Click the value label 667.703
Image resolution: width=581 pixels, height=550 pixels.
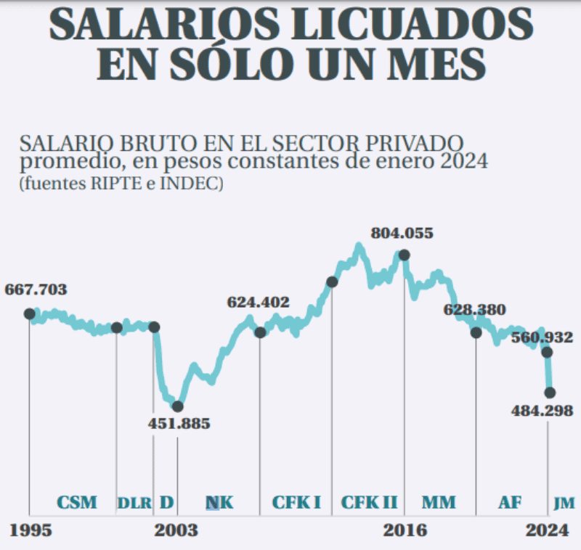click(x=36, y=290)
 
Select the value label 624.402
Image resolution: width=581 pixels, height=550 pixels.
click(x=258, y=303)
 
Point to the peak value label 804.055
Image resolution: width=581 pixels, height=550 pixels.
click(x=402, y=234)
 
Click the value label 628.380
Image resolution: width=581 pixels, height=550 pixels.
click(x=474, y=311)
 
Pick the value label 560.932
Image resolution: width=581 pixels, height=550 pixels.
click(x=541, y=337)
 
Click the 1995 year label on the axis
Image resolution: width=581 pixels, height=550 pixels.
click(x=31, y=530)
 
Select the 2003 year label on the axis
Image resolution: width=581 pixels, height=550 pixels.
click(x=176, y=530)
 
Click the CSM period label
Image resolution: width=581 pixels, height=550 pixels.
click(x=76, y=502)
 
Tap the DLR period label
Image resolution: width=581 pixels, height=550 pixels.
click(x=134, y=503)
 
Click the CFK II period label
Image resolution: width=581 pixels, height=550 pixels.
click(x=370, y=502)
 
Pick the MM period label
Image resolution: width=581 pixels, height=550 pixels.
click(x=439, y=502)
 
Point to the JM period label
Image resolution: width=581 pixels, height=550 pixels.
click(x=564, y=503)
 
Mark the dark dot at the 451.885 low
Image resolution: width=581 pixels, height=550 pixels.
click(x=177, y=406)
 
